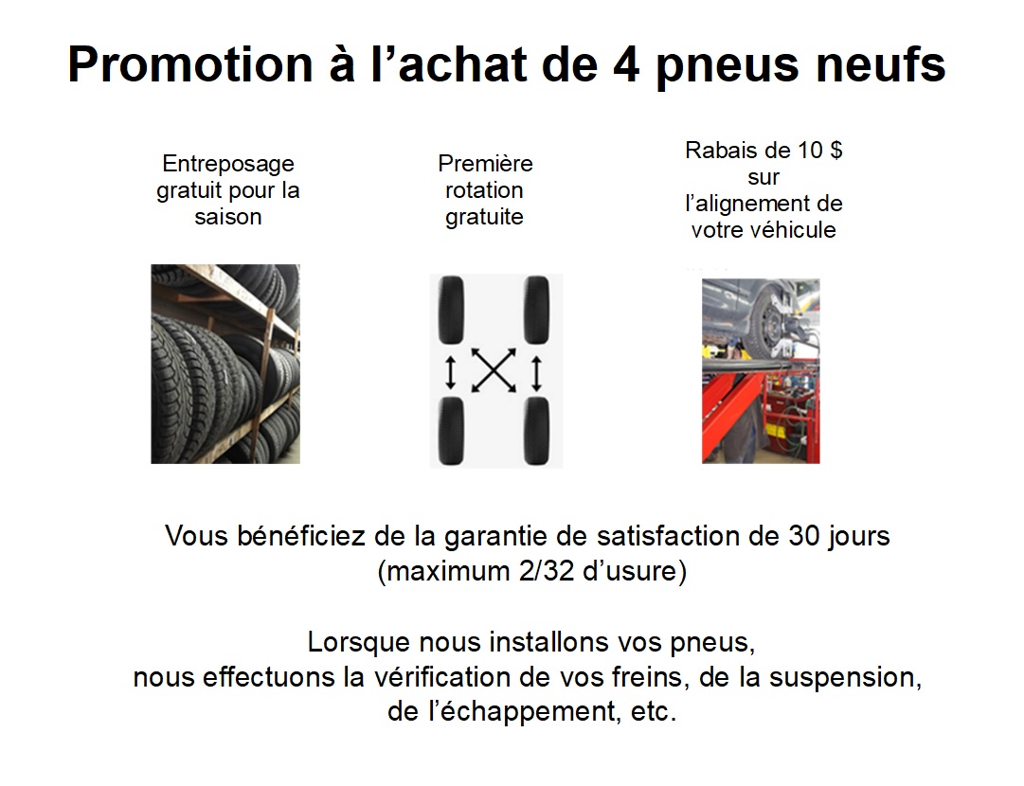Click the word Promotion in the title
pyautogui.click(x=190, y=64)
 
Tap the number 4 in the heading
pyautogui.click(x=627, y=64)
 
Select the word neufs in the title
pyautogui.click(x=881, y=64)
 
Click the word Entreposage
pyautogui.click(x=228, y=164)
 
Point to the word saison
pyautogui.click(x=228, y=217)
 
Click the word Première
pyautogui.click(x=485, y=163)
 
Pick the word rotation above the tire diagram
pyautogui.click(x=484, y=190)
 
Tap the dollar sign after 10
pyautogui.click(x=835, y=151)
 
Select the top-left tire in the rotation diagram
pyautogui.click(x=451, y=310)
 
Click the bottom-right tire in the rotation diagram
pyautogui.click(x=536, y=431)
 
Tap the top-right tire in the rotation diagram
pyautogui.click(x=536, y=310)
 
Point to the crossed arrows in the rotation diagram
pyautogui.click(x=494, y=371)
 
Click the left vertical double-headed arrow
pyautogui.click(x=450, y=371)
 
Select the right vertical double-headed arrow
pyautogui.click(x=536, y=372)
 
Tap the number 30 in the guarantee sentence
pyautogui.click(x=804, y=536)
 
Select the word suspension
pyautogui.click(x=845, y=678)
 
